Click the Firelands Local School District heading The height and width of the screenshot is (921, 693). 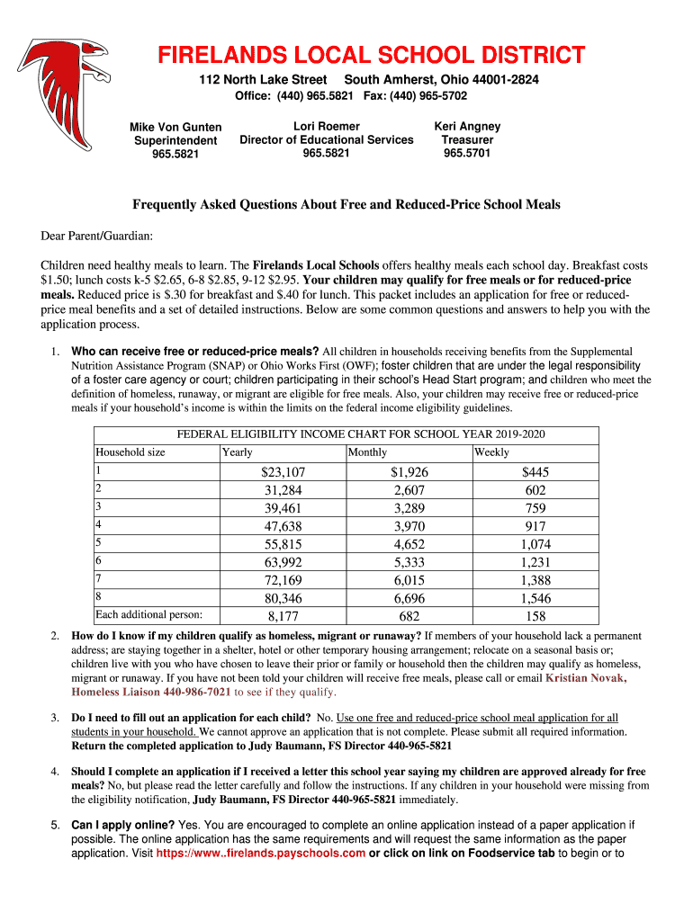(x=372, y=56)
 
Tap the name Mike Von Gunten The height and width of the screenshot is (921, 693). (x=175, y=127)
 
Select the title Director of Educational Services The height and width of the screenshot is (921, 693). (x=326, y=139)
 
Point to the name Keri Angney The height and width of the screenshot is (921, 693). (x=467, y=126)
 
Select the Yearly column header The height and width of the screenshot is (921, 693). (x=237, y=452)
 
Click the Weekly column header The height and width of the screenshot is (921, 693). (x=491, y=452)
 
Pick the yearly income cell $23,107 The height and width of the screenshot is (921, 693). (x=283, y=472)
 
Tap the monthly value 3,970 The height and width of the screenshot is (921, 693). (x=409, y=526)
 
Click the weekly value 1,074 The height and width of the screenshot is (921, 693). (x=535, y=544)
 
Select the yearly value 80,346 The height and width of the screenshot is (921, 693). (x=283, y=598)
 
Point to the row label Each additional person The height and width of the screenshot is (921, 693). (x=148, y=615)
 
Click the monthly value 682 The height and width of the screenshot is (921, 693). (x=409, y=616)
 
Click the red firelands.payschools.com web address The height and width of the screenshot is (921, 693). (x=261, y=853)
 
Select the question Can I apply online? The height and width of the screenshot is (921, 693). (x=123, y=824)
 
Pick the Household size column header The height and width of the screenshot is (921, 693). (x=130, y=452)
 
